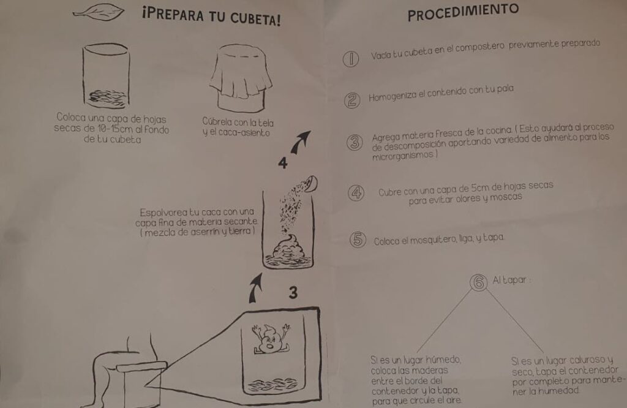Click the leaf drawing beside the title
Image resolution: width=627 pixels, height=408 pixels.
click(99, 13)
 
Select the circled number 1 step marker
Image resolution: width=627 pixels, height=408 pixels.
click(351, 59)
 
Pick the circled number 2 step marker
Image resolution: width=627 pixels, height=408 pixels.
click(352, 100)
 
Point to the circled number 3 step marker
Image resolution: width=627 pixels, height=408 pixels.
click(355, 142)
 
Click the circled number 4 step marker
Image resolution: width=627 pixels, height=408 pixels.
click(356, 193)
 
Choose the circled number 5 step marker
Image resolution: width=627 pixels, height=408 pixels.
click(358, 240)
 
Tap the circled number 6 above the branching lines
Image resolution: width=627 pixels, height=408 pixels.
click(479, 282)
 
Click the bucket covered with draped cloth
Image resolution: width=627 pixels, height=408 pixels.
click(241, 78)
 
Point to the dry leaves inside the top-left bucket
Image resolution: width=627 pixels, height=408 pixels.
click(107, 98)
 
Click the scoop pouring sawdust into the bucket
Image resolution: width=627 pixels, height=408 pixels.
click(310, 184)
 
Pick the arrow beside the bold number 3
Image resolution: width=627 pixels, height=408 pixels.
click(255, 288)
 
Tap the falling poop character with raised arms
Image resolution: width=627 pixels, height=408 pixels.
click(271, 338)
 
